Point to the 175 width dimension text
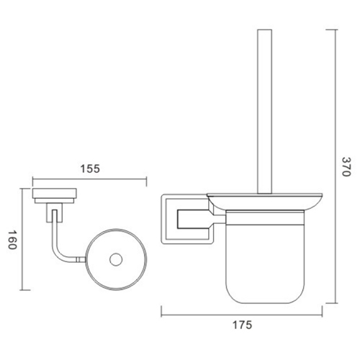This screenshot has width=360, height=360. point(241,325)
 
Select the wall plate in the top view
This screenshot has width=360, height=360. point(53,193)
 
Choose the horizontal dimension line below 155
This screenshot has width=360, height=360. point(90,180)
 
